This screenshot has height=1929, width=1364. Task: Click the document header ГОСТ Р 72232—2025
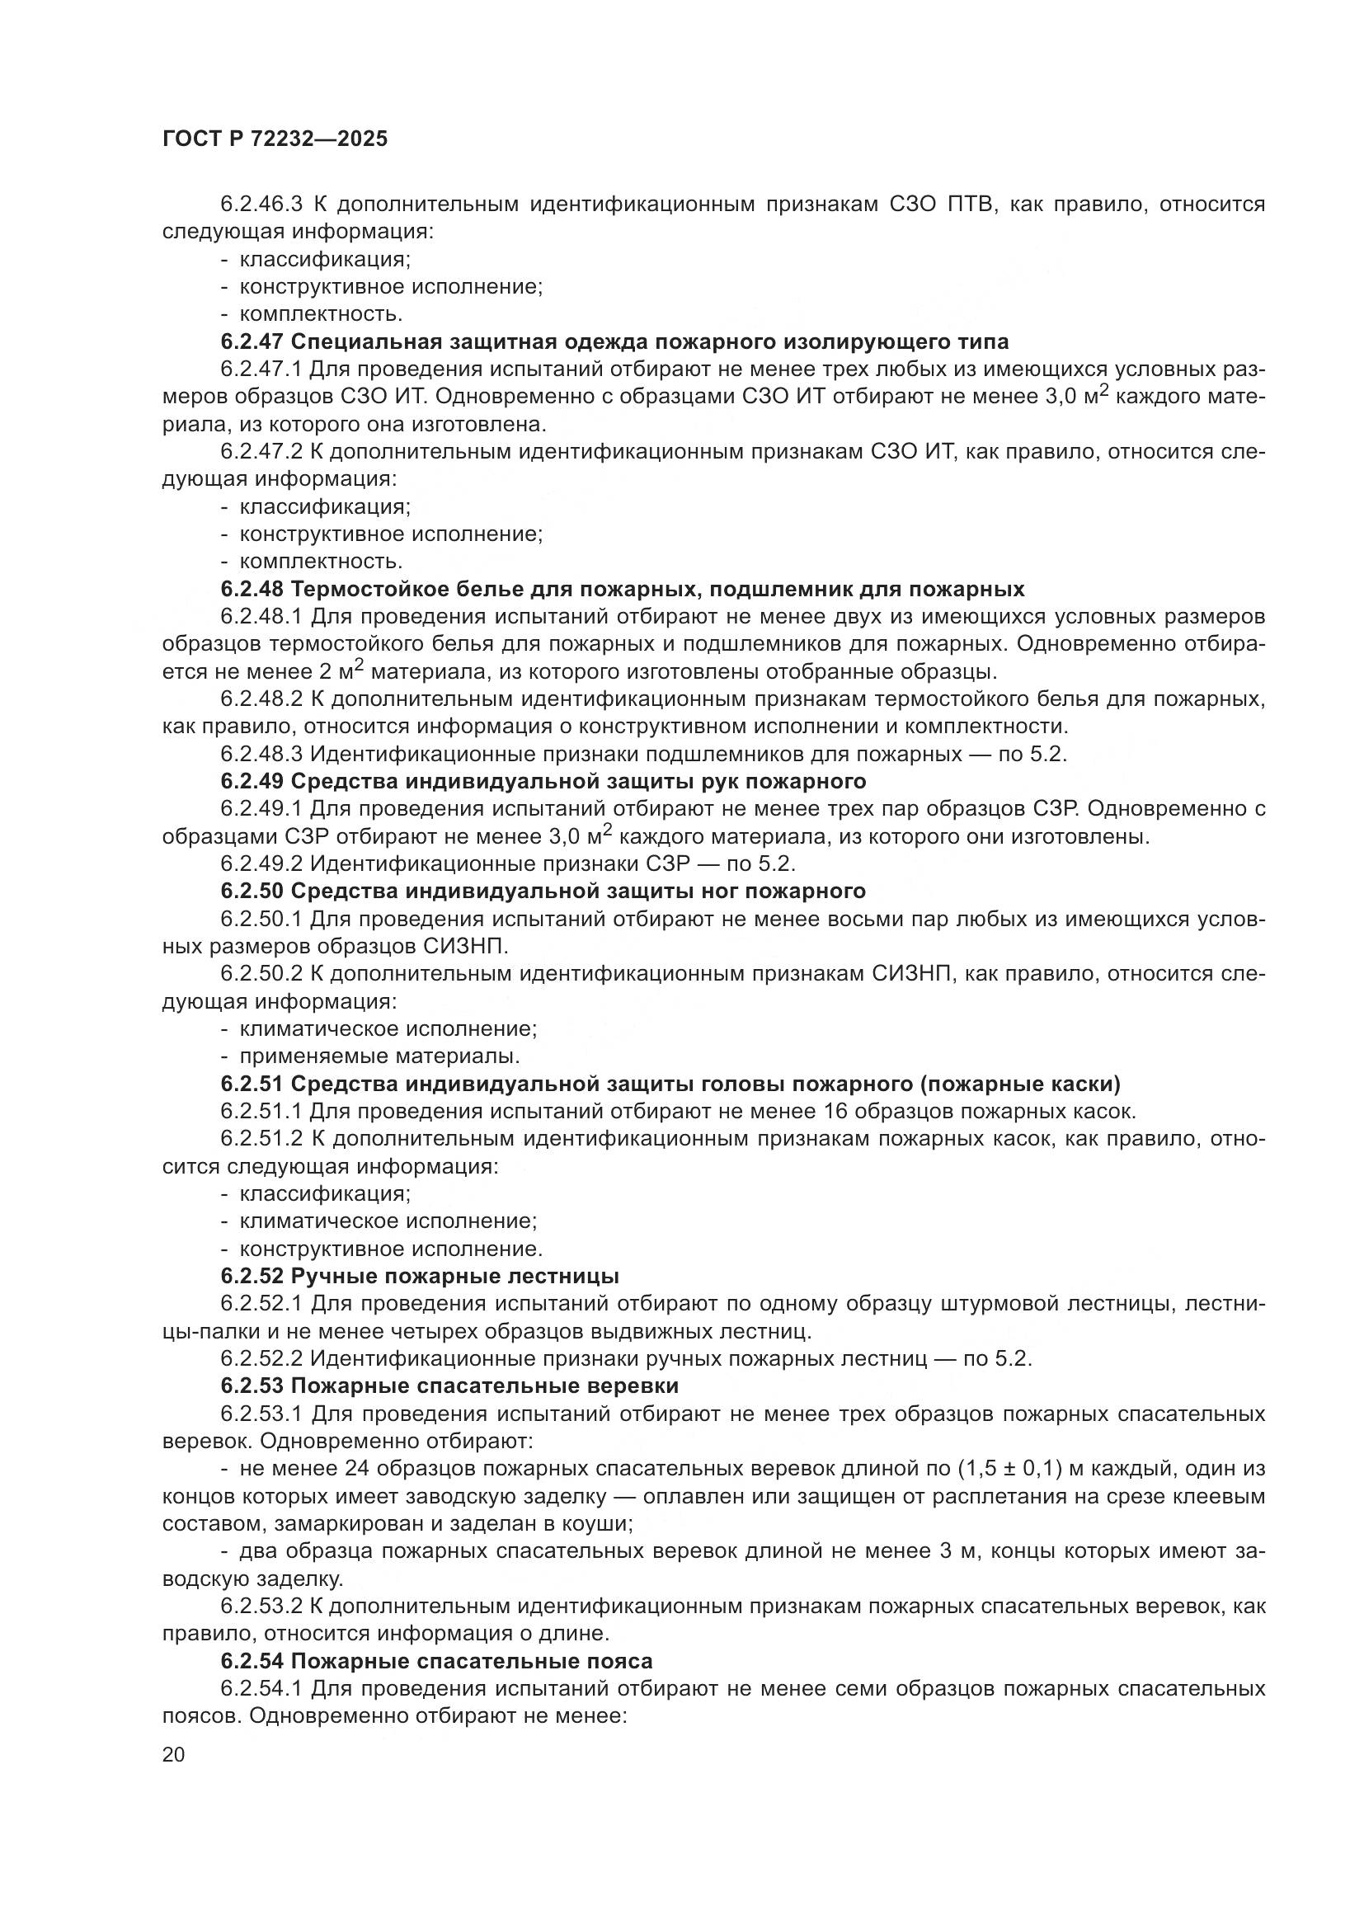click(275, 139)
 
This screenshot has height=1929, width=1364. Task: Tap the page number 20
click(174, 1755)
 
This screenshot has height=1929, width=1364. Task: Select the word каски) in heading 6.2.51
click(1083, 1084)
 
